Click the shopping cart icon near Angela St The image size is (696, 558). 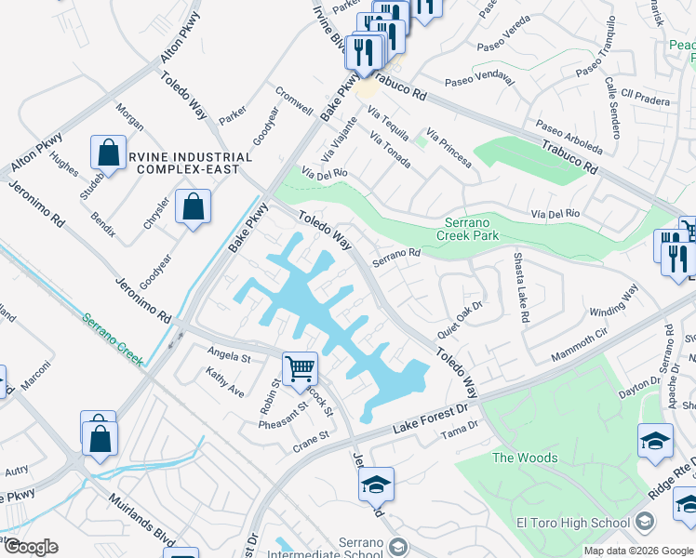click(x=300, y=368)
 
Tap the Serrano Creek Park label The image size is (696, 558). click(x=477, y=229)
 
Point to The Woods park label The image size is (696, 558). click(x=525, y=458)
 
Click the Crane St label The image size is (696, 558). click(x=311, y=435)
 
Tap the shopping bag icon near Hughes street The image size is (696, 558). click(x=108, y=153)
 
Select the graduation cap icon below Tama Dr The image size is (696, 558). click(x=376, y=485)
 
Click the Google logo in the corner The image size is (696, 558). click(x=31, y=547)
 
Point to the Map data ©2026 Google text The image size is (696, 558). click(x=639, y=551)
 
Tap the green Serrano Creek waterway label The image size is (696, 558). click(x=112, y=339)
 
